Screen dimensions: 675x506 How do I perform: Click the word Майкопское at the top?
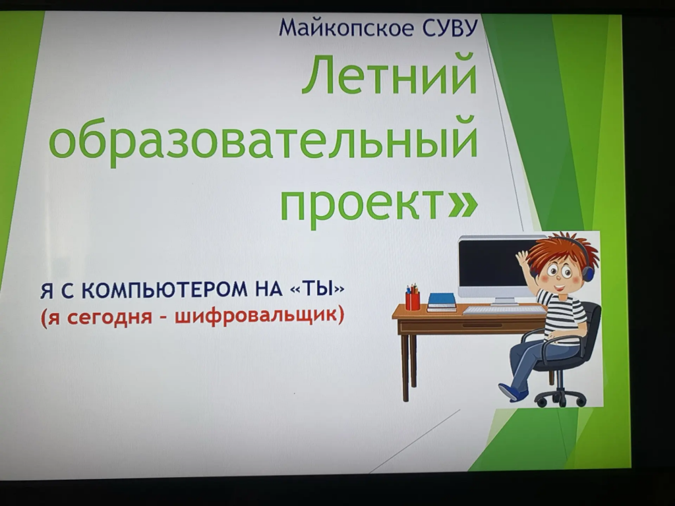(x=344, y=28)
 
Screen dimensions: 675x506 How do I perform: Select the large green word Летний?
(x=389, y=74)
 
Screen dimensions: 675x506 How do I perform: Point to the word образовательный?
(x=264, y=140)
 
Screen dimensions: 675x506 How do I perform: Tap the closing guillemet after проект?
(x=462, y=205)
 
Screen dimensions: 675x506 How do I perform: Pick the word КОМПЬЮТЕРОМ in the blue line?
(x=164, y=290)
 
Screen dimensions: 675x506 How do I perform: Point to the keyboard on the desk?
(x=504, y=310)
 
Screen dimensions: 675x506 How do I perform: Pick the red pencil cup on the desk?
(x=413, y=300)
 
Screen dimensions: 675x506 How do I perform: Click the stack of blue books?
(x=442, y=302)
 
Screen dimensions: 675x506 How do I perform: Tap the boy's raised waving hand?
(x=523, y=260)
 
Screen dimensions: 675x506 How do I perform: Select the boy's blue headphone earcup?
(x=587, y=271)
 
